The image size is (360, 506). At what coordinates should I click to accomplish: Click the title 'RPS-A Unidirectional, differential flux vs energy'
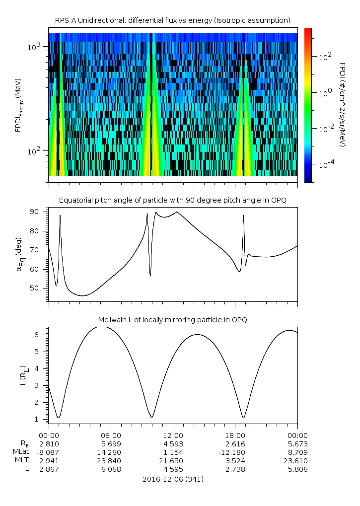click(173, 20)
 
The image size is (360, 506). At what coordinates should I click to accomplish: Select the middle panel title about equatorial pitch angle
click(173, 200)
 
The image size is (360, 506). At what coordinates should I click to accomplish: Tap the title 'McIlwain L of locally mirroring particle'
click(173, 319)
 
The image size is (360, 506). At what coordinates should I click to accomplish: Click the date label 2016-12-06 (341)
click(173, 479)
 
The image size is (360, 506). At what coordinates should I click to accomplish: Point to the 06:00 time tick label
click(110, 435)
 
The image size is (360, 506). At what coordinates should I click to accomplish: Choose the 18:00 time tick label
click(235, 435)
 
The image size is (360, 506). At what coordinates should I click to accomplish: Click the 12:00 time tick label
click(173, 435)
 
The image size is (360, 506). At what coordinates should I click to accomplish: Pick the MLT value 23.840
click(110, 461)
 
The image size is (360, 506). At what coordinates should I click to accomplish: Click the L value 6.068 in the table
click(110, 469)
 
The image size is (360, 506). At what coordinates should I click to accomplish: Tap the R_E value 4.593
click(173, 444)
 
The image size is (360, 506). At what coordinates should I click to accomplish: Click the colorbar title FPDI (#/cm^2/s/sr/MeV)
click(342, 104)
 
